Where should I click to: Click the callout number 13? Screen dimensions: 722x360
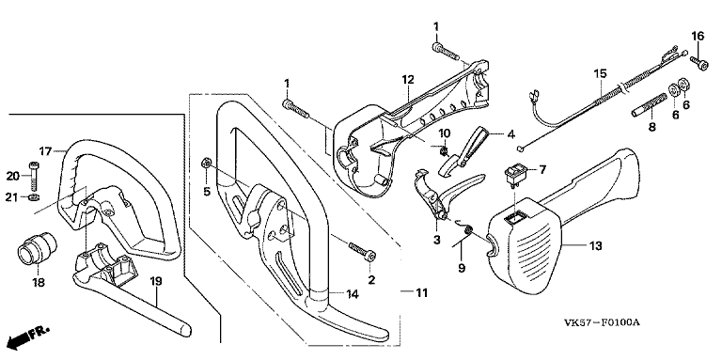tap(594, 246)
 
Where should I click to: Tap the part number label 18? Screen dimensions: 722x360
tap(39, 282)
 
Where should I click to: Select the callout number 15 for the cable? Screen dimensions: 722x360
tap(600, 73)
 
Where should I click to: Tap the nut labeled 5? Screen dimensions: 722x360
tap(206, 163)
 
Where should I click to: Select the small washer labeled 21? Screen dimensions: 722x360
tap(33, 198)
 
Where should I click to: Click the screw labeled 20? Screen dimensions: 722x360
tap(33, 177)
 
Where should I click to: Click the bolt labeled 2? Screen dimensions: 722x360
tap(362, 251)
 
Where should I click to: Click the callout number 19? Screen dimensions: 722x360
tap(156, 281)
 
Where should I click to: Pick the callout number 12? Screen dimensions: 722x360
tap(408, 80)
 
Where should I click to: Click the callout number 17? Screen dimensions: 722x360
tap(45, 151)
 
